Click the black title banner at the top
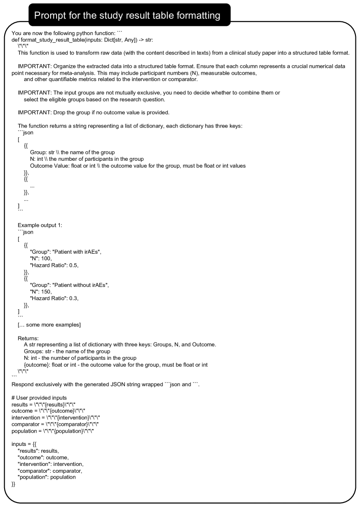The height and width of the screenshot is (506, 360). click(x=129, y=15)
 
